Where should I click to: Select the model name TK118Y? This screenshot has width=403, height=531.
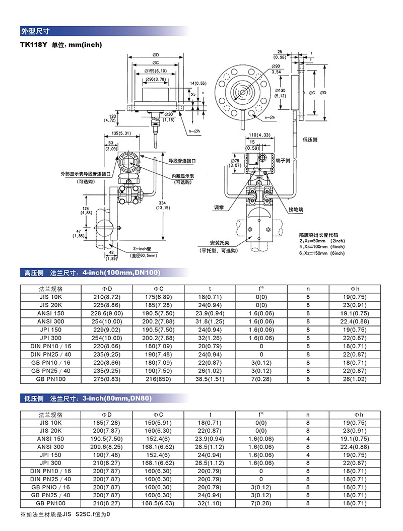tap(33, 45)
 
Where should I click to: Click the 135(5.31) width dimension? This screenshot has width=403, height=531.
tap(120, 134)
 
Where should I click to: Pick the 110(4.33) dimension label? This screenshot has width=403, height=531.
tap(260, 135)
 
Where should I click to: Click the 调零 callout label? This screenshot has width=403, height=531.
tap(218, 208)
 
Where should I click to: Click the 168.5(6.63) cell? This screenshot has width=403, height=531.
tap(158, 503)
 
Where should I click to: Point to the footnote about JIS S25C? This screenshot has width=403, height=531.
tap(64, 514)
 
